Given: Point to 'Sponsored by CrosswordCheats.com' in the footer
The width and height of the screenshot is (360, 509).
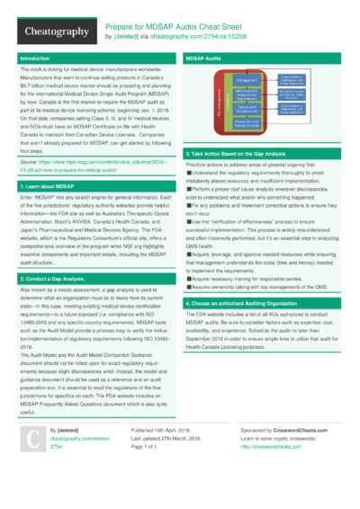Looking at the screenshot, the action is (x=292, y=456).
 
